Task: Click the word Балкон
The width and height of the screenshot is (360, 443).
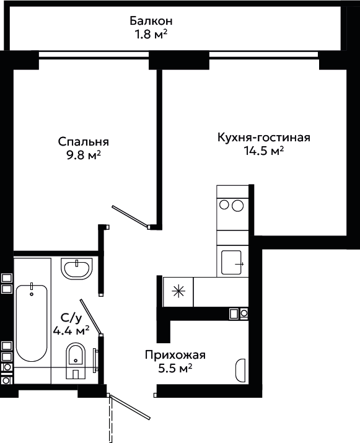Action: click(151, 21)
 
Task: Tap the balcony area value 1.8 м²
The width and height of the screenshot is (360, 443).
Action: click(151, 34)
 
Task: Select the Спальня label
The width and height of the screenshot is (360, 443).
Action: click(84, 142)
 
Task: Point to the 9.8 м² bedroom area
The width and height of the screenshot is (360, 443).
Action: click(84, 155)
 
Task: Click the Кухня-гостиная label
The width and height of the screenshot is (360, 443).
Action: click(264, 138)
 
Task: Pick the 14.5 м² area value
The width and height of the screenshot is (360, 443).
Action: click(264, 151)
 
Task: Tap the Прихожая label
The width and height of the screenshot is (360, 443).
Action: click(175, 355)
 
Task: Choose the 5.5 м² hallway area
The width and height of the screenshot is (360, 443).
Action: click(175, 368)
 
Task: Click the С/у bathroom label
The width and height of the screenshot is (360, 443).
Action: click(71, 318)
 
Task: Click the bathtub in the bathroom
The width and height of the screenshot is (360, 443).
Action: click(32, 323)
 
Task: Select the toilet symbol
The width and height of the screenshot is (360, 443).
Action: click(76, 361)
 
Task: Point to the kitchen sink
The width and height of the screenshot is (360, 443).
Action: click(232, 263)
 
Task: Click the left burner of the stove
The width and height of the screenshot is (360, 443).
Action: click(224, 205)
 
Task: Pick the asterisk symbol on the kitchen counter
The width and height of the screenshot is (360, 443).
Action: click(178, 291)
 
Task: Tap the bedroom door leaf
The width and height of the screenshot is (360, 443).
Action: click(130, 216)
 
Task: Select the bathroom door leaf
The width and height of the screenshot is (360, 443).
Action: click(90, 317)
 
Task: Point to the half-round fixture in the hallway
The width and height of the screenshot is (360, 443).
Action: click(240, 370)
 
